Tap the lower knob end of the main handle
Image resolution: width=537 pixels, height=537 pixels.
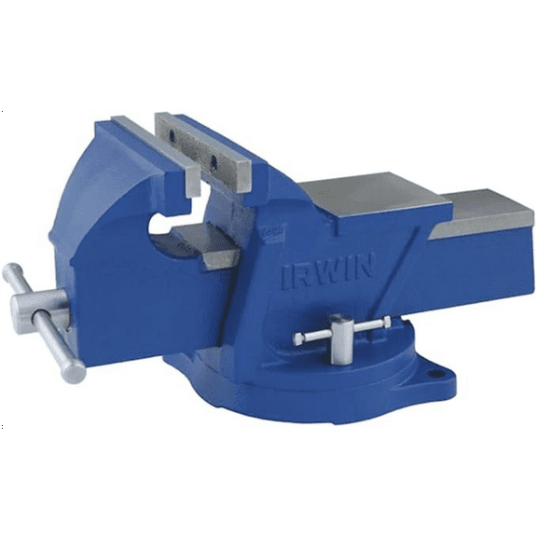pos(74,373)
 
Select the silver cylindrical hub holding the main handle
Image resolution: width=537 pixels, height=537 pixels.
pos(38,308)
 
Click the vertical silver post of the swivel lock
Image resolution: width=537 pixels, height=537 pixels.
pos(340,340)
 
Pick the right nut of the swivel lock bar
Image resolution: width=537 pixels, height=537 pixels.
pos(384,323)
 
